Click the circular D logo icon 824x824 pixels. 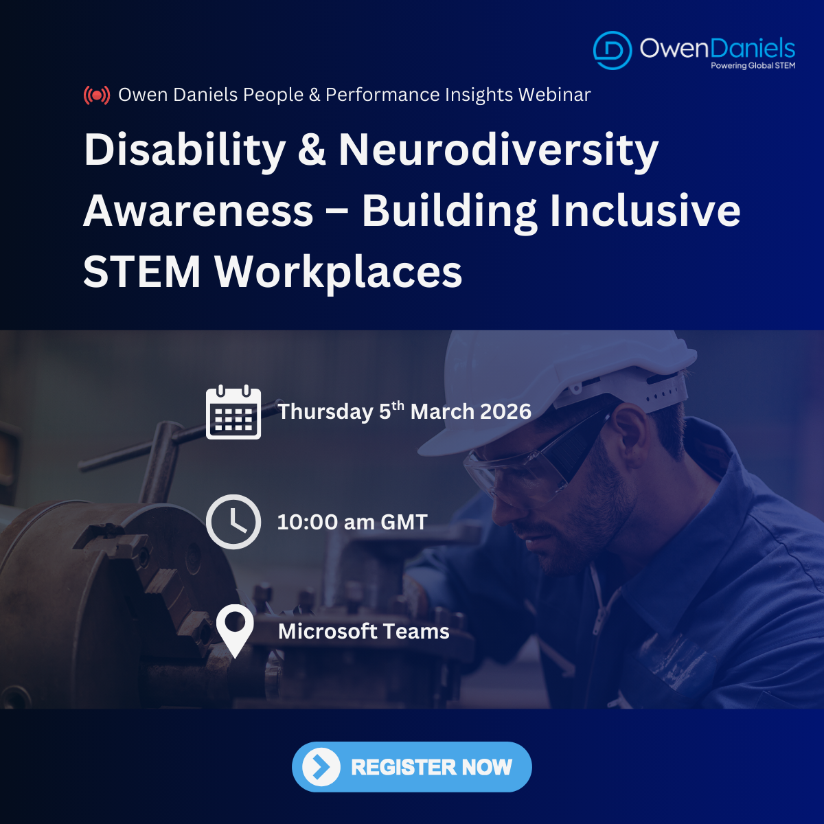pyautogui.click(x=613, y=50)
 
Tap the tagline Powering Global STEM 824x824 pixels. pyautogui.click(x=753, y=65)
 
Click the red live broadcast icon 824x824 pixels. pyautogui.click(x=97, y=95)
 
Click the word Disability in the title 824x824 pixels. pyautogui.click(x=185, y=151)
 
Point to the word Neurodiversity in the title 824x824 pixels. pyautogui.click(x=499, y=151)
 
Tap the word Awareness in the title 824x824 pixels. pyautogui.click(x=198, y=211)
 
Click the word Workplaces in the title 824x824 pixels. pyautogui.click(x=339, y=273)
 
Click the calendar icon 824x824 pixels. pyautogui.click(x=233, y=412)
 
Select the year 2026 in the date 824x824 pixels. pyautogui.click(x=506, y=411)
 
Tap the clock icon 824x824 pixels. pyautogui.click(x=233, y=522)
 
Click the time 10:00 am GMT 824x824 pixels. pyautogui.click(x=352, y=522)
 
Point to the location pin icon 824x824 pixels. pyautogui.click(x=235, y=631)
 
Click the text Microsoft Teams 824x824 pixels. pyautogui.click(x=364, y=631)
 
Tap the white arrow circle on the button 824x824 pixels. pyautogui.click(x=321, y=767)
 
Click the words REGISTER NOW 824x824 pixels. pyautogui.click(x=431, y=767)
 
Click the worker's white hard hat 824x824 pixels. pyautogui.click(x=551, y=389)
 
